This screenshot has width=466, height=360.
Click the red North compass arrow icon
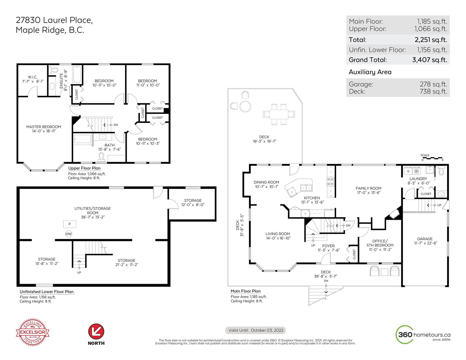coord(96,331)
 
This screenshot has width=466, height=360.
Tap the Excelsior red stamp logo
coord(33,332)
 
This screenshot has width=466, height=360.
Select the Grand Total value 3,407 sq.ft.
coord(430,60)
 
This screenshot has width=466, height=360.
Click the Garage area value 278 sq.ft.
coord(433,84)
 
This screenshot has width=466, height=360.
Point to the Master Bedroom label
coord(44,129)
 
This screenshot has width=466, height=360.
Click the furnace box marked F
coord(70,224)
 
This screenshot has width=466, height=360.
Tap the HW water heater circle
coord(69,234)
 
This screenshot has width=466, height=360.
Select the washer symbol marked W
coord(416,171)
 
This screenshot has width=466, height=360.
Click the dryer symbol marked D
coord(408,171)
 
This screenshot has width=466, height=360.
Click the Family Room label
coord(368,190)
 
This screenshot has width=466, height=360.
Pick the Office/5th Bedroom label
coord(380,245)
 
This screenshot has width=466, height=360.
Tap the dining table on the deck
coord(279,114)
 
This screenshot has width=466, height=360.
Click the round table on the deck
coord(245,106)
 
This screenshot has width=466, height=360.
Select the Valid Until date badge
coord(255,330)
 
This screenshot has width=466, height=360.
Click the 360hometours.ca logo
coord(423,334)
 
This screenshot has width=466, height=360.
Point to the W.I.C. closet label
coord(33,79)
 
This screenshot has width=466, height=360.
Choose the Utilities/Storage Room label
coord(93,212)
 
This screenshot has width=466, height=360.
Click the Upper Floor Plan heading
coord(84,168)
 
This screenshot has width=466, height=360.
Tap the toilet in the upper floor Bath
coord(101,157)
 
